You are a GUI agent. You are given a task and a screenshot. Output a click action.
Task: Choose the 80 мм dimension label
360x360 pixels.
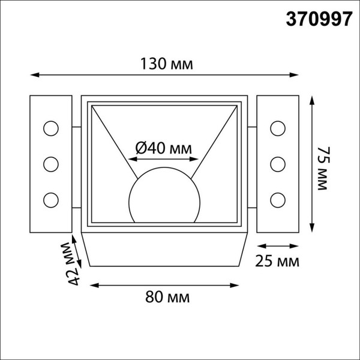(x=164, y=296)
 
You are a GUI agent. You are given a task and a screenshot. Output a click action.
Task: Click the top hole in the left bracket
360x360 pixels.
(x=50, y=128)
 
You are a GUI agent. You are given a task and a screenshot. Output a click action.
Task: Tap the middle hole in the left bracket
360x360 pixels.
(x=50, y=163)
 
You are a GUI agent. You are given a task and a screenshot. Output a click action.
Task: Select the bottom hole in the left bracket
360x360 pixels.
(x=50, y=199)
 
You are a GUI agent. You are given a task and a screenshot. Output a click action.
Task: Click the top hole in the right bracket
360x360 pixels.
(x=277, y=128)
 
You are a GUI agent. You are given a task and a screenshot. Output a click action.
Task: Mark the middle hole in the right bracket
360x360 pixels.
(x=277, y=163)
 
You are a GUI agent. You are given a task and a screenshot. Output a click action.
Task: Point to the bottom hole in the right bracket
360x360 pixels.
(x=277, y=199)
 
